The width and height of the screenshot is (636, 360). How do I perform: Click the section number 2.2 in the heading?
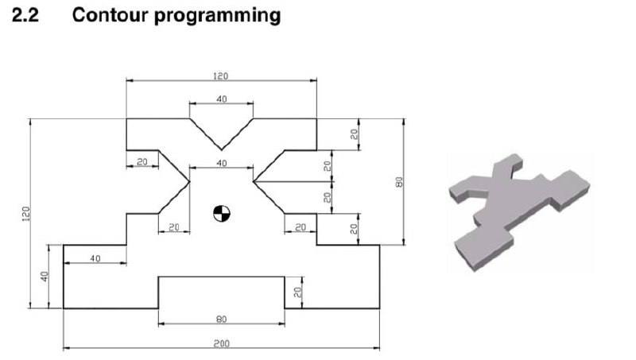click(x=28, y=15)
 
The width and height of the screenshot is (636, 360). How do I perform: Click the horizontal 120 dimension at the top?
click(x=221, y=76)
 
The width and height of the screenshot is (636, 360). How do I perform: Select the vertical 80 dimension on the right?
click(x=401, y=181)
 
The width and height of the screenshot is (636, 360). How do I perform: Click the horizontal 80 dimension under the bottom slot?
click(x=221, y=319)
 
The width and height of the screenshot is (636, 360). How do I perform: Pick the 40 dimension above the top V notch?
click(x=221, y=99)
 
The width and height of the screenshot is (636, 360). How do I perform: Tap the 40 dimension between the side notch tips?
click(x=221, y=163)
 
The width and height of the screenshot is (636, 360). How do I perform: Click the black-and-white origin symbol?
click(x=221, y=213)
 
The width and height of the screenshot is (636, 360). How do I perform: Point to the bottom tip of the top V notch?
click(x=221, y=149)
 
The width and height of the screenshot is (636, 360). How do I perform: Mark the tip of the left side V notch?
click(x=189, y=181)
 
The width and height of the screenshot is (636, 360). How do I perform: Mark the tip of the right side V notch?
click(x=253, y=181)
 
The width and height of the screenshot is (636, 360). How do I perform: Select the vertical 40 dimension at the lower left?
click(x=45, y=277)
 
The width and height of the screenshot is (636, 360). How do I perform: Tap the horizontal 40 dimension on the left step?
click(x=95, y=258)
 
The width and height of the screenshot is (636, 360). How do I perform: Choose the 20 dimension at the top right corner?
click(x=355, y=134)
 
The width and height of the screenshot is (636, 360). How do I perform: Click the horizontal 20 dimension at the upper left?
click(x=142, y=161)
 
